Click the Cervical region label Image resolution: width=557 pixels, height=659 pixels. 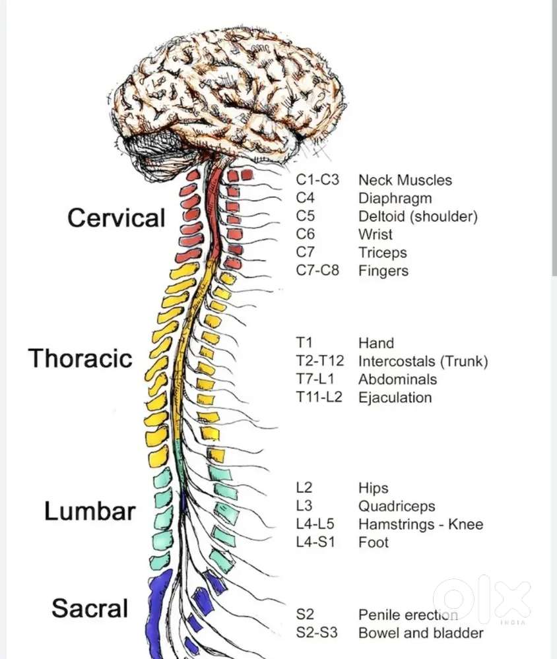116,218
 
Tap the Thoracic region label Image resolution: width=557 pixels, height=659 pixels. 81,358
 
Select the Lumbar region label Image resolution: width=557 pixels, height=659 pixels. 90,511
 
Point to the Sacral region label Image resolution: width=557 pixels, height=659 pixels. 90,608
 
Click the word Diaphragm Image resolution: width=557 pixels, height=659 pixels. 395,199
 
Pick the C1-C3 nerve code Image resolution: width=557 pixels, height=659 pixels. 317,180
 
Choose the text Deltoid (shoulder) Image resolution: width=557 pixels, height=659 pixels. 418,216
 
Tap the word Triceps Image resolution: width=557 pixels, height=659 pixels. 383,253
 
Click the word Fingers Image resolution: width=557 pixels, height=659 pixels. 383,270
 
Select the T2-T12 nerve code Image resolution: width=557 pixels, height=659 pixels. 320,361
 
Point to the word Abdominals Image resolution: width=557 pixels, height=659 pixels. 397,379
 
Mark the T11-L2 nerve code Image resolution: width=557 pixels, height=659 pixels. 319,397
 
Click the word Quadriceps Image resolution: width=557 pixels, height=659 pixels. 397,507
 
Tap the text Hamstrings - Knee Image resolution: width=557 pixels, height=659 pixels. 420,524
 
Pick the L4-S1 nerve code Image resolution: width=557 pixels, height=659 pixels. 315,542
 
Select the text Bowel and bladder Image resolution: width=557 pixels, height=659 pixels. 421,633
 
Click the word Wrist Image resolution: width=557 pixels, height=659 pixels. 376,235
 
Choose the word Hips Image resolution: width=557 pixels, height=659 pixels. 373,488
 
